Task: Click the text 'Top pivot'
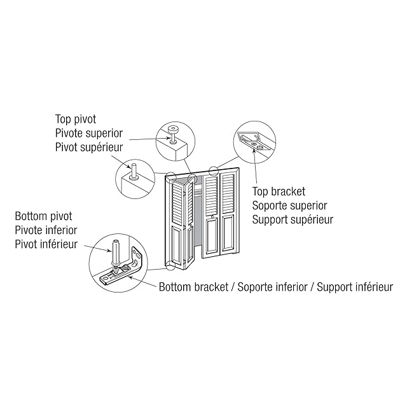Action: [76, 120]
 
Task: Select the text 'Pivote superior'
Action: [89, 133]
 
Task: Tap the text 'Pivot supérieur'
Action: [89, 147]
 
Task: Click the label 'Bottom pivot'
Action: [44, 216]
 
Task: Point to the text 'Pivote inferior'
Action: [46, 230]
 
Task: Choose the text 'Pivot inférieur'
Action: [46, 244]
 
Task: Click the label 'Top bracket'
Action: [279, 191]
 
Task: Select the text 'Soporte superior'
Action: [289, 205]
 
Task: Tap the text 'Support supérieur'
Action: [293, 219]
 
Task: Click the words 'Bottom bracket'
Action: [193, 287]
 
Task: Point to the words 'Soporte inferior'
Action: [272, 287]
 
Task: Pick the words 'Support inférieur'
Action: [355, 287]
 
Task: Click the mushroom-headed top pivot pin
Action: [172, 134]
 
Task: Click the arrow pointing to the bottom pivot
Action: [97, 247]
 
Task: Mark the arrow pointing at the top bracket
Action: [255, 167]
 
